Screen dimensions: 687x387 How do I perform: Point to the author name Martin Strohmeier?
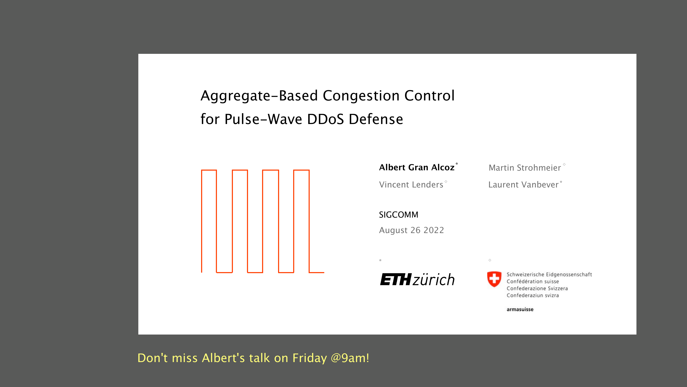(x=525, y=168)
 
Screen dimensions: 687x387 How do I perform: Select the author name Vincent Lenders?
(x=411, y=185)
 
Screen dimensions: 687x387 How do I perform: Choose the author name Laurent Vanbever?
(x=523, y=185)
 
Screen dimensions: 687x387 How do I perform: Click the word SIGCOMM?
(x=398, y=215)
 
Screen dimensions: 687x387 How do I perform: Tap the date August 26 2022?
(x=412, y=230)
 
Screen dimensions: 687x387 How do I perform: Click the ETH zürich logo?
(x=417, y=279)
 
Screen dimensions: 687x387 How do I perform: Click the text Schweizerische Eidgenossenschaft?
(x=549, y=275)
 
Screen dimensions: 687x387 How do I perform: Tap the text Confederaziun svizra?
(x=533, y=295)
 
